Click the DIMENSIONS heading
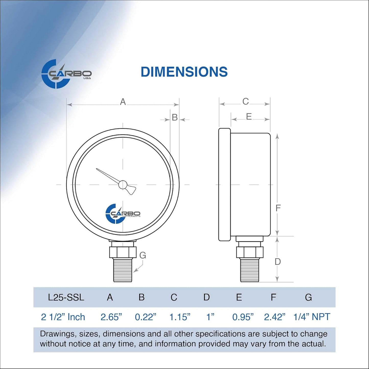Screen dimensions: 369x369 [184, 72]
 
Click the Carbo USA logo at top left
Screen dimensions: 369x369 [66, 74]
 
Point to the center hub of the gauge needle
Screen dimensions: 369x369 [123, 184]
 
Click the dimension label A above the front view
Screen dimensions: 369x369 [123, 102]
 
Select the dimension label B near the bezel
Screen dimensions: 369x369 [175, 117]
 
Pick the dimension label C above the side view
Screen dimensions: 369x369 [245, 102]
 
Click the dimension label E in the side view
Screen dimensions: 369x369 [249, 117]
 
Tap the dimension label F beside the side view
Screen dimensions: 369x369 [278, 208]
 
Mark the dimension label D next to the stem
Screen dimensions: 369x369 [278, 262]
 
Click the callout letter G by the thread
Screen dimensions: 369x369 [143, 255]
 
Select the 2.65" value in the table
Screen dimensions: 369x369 [111, 317]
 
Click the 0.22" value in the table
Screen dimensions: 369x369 [145, 317]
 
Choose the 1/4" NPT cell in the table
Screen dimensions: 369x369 [312, 317]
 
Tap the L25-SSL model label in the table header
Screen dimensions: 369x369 [66, 297]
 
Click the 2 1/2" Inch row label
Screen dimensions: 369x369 [63, 317]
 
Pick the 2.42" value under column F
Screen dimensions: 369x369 [275, 317]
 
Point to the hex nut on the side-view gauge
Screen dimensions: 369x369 [249, 252]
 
